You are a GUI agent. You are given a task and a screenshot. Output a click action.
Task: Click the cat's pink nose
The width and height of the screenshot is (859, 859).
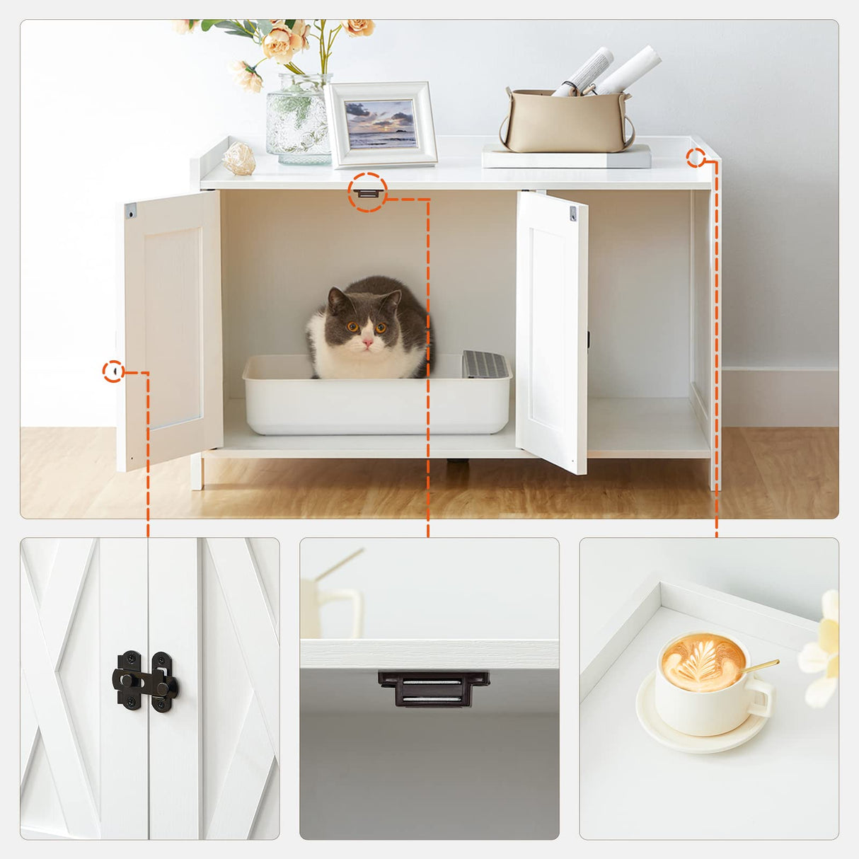[x=367, y=342]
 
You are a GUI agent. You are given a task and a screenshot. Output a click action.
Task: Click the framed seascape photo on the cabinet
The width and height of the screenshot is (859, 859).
[x=381, y=125]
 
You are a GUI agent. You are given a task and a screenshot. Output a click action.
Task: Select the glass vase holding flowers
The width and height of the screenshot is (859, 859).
[x=299, y=120]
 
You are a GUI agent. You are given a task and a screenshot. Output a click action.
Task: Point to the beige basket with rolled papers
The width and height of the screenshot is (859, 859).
[x=566, y=120]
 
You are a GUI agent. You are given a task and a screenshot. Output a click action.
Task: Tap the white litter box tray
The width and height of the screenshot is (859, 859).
[x=375, y=403]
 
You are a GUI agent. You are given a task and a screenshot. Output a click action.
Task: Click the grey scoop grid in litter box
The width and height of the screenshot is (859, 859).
[x=485, y=364]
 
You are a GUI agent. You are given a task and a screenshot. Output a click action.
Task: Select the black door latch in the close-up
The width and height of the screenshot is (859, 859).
[x=145, y=682]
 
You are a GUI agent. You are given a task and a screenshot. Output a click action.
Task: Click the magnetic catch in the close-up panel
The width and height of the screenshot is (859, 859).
[x=433, y=688]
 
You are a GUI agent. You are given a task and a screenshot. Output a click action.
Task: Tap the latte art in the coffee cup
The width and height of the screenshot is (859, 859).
[x=703, y=661]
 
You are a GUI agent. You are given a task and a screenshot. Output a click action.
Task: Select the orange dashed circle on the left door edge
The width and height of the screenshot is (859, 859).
[x=113, y=371]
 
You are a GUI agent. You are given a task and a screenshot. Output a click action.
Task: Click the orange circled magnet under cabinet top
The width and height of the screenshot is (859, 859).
[x=367, y=192]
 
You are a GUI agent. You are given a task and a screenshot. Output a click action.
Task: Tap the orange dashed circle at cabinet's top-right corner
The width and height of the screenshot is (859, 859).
[x=696, y=158]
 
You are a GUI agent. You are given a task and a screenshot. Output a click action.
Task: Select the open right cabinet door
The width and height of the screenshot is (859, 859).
[x=552, y=333]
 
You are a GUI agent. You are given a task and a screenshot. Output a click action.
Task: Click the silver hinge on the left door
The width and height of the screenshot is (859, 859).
[x=131, y=211]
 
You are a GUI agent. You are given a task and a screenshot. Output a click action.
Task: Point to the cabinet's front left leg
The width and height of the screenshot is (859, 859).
[x=197, y=472]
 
